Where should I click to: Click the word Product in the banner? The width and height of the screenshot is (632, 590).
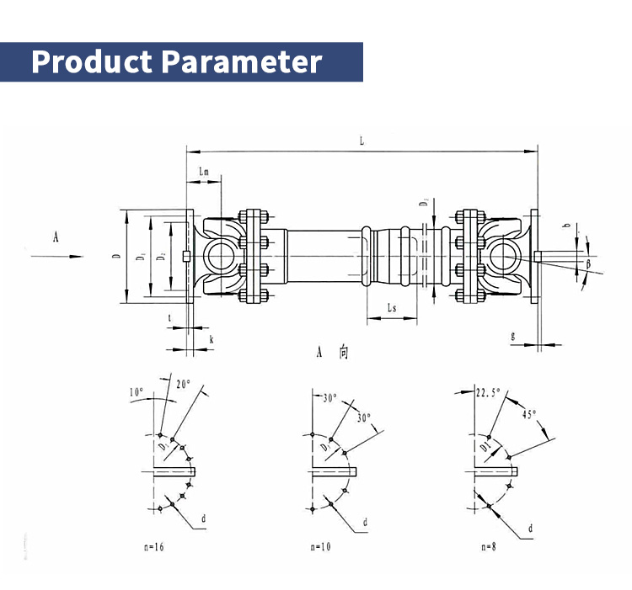(92, 62)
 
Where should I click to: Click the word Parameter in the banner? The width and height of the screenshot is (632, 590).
(242, 62)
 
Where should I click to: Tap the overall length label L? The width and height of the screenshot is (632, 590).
(361, 141)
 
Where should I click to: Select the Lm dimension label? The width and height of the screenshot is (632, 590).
(203, 171)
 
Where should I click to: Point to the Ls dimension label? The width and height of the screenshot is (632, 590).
(392, 309)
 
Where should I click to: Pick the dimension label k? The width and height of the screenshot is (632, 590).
(211, 338)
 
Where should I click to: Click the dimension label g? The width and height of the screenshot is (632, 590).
(513, 334)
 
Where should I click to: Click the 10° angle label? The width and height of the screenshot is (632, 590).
(137, 392)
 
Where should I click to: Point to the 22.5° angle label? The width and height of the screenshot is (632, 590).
(488, 392)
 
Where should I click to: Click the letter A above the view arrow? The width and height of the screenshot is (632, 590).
(56, 238)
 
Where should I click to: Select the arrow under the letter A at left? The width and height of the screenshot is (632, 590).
(56, 256)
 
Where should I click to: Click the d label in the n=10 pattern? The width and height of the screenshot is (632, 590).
(365, 522)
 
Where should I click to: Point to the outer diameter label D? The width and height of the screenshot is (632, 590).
(116, 257)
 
